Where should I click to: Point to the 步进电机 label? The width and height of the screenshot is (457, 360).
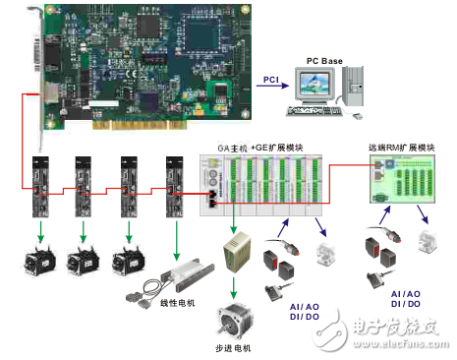coord(234,348)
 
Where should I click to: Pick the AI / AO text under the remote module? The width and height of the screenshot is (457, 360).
coord(407,294)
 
